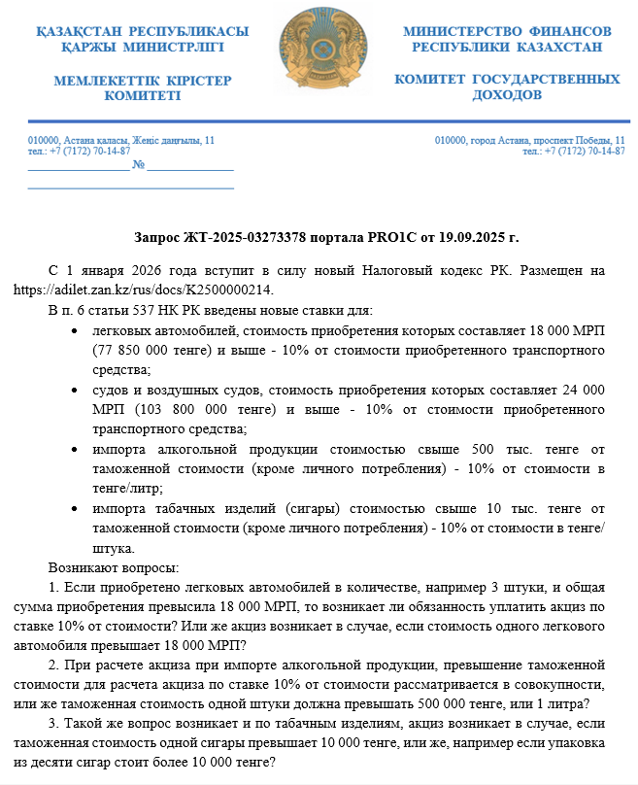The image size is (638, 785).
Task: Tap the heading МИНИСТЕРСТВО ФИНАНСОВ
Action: [507, 31]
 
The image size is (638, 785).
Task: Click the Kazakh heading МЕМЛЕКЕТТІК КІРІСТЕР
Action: [143, 80]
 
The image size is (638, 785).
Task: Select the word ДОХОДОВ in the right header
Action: [507, 95]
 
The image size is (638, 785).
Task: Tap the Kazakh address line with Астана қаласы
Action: [120, 141]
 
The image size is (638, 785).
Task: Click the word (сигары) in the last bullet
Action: [316, 508]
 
